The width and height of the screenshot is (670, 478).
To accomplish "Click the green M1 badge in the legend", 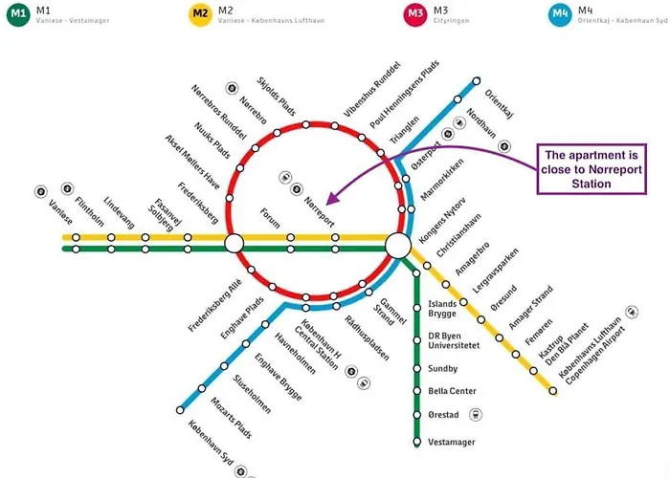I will tap(18, 13).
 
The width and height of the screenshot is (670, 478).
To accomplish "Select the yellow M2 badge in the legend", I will tap(200, 13).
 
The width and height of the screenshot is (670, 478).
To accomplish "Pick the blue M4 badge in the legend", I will tap(562, 13).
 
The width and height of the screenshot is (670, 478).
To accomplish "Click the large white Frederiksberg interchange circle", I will tap(234, 246).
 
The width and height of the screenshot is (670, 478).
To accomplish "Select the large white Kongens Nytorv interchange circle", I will tap(398, 247).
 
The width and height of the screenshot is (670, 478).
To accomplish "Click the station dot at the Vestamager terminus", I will tap(417, 442).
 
